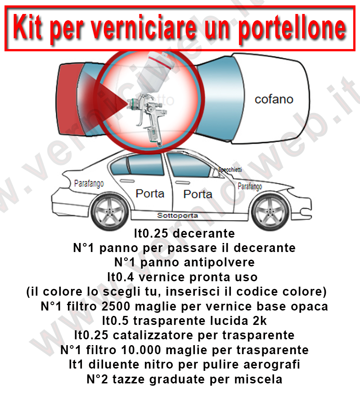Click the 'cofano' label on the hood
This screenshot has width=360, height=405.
pos(274,99)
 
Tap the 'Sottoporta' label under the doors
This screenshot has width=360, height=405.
pos(177,216)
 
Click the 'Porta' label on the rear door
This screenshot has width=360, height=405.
pos(150,194)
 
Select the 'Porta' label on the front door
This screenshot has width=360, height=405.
pos(198,194)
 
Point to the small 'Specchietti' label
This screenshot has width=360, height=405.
pos(230,170)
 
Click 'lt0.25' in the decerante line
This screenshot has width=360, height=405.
pos(152,234)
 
